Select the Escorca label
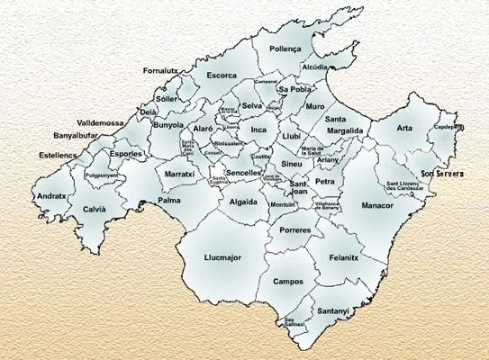click(221, 76)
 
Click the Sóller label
click(167, 98)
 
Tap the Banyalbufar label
click(75, 136)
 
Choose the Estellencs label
click(59, 155)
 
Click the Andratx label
click(50, 195)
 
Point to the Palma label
click(169, 201)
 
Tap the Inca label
click(259, 130)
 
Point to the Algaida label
click(243, 202)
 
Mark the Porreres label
click(294, 230)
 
